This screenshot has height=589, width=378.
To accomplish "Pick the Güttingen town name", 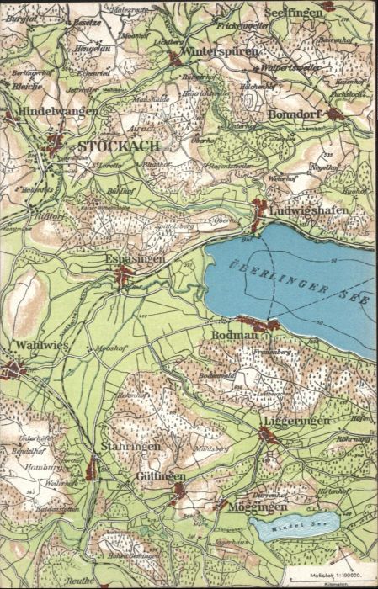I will (x=160, y=476).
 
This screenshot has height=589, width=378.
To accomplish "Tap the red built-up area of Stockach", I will (x=56, y=145).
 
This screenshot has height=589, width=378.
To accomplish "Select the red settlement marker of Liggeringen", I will (x=267, y=435).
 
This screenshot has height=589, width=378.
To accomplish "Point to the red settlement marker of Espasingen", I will (x=125, y=276).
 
